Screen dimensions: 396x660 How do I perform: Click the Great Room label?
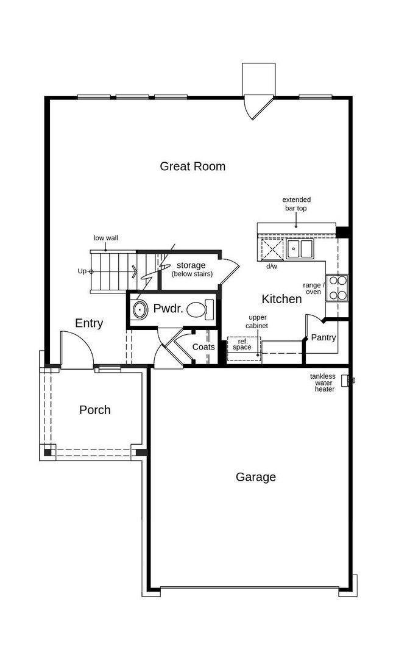193,167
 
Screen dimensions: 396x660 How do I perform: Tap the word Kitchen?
281,299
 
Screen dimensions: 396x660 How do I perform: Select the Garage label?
256,477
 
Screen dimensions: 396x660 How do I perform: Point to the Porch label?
95,409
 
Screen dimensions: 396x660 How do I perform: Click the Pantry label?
324,337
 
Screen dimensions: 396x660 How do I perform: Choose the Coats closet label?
203,347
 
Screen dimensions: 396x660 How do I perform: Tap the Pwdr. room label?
168,309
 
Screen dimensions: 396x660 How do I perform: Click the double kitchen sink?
300,249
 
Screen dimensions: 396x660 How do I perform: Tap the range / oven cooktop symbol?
337,288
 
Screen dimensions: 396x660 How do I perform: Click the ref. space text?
242,344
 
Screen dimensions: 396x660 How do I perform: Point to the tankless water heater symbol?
346,381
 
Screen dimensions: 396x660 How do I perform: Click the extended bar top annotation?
296,204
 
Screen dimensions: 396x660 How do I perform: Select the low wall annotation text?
106,238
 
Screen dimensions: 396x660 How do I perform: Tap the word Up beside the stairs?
82,271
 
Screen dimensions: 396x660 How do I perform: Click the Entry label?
89,323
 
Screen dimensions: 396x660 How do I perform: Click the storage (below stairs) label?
192,270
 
